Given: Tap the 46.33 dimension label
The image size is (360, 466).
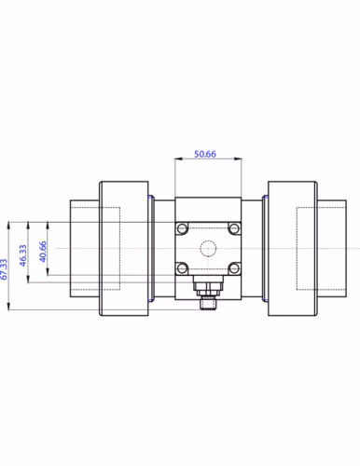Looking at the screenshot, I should pos(23,253).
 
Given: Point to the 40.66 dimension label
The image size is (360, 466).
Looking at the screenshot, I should pos(42,251).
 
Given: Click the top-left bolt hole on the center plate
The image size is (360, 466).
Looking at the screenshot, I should pos(183,228).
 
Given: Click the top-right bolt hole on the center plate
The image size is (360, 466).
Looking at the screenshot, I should pos(236,228).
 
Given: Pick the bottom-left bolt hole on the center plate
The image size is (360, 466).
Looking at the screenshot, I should pos(183,268).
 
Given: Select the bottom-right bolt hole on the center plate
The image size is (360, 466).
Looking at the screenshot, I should pos(236,268).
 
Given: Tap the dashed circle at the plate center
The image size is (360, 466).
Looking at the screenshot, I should pos(210,249).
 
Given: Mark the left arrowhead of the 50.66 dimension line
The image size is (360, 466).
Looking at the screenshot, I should pos(177,161).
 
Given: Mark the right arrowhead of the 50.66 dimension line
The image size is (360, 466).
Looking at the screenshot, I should pos(242,161).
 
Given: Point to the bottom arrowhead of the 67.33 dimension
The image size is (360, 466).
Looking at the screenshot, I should pos(8,308).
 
